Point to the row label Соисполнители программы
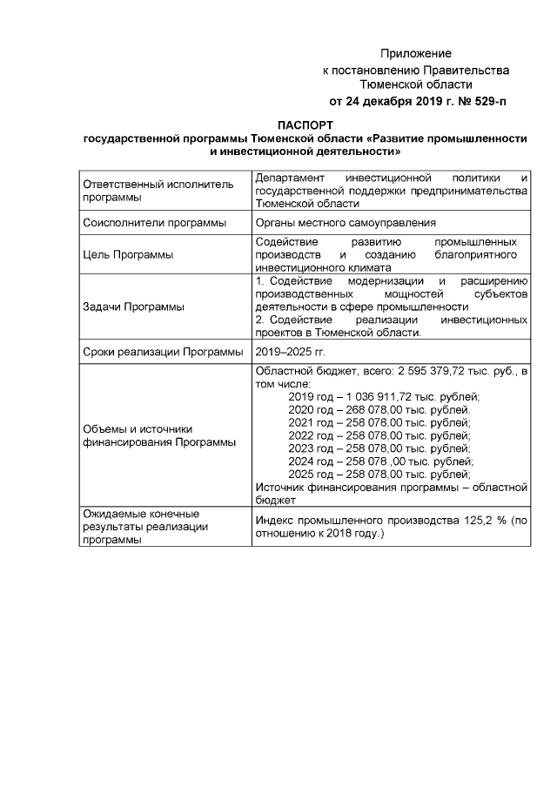click(x=154, y=223)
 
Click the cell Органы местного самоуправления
click(x=346, y=223)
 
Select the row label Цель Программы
click(x=128, y=255)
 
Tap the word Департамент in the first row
click(x=289, y=178)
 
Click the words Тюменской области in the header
click(x=416, y=85)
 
